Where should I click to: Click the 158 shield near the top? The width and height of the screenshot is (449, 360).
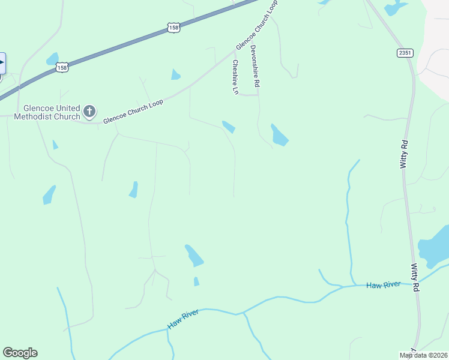[173, 28]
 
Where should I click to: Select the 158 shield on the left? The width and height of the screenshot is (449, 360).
[62, 67]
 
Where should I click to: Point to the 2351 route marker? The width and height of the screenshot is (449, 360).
[406, 53]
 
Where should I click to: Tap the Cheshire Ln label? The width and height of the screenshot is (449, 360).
[235, 77]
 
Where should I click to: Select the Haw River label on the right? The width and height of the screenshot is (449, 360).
[384, 285]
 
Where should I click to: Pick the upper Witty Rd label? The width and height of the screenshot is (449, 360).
[405, 154]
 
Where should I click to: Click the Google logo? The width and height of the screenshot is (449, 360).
[20, 353]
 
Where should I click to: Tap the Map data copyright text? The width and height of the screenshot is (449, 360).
[423, 355]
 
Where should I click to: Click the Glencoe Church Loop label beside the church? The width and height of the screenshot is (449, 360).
[133, 112]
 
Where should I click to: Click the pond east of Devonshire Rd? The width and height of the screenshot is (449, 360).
[279, 136]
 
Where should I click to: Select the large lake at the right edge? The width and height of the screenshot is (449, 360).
[435, 247]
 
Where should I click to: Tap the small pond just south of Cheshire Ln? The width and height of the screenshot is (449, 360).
[229, 127]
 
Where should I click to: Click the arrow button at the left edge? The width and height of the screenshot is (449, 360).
[2, 62]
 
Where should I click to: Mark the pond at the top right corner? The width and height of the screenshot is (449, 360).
[396, 8]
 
